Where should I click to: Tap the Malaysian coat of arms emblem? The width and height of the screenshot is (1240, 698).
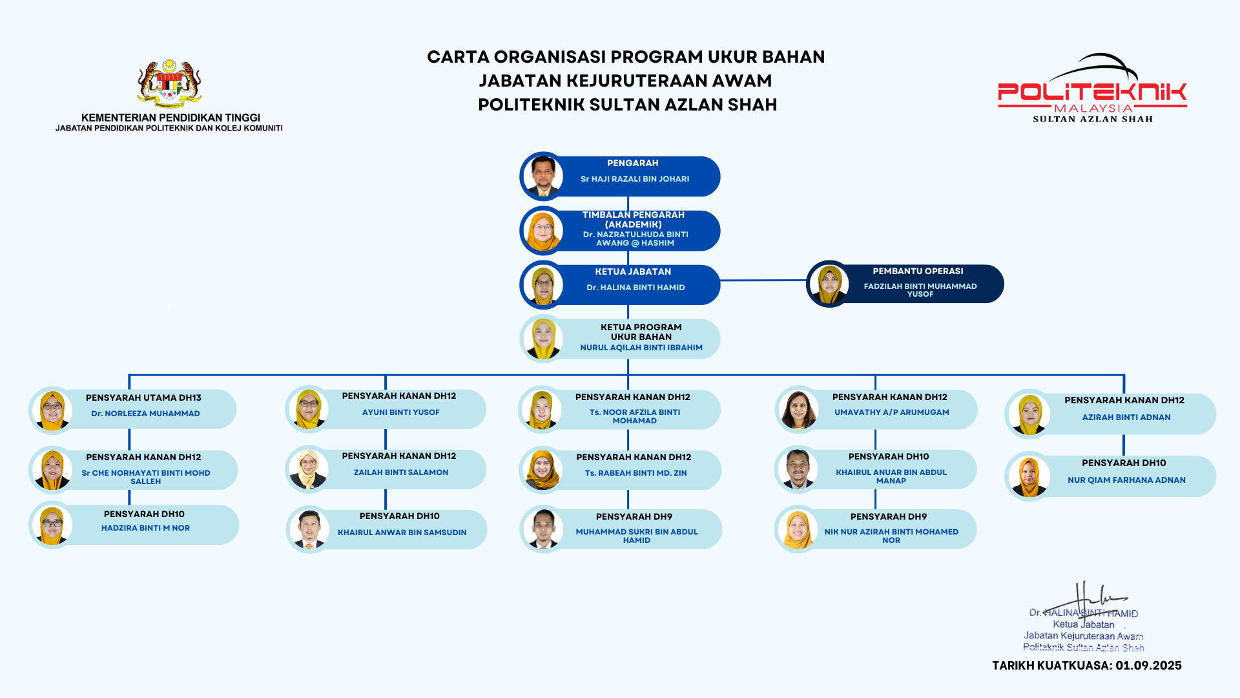coord(169,83)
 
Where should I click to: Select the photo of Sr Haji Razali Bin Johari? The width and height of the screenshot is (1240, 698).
coord(543,176)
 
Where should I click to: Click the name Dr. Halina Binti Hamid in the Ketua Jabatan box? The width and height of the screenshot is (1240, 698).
coord(635,288)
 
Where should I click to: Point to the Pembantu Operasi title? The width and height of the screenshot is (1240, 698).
coord(918,271)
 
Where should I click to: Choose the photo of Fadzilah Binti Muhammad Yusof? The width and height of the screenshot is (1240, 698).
coord(829,284)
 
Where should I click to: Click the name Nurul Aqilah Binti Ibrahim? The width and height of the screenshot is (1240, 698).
coord(641,348)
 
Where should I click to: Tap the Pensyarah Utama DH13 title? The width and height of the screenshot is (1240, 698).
coord(143,397)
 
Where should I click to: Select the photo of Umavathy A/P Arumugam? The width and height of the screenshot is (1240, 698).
coord(798,410)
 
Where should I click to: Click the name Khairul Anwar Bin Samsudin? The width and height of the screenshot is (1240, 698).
coord(402,533)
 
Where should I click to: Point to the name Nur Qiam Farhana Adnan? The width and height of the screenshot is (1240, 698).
coord(1126,480)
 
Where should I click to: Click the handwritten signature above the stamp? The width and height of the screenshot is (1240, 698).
coord(1091,598)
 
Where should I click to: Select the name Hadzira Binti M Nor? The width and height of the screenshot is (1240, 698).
coord(145,528)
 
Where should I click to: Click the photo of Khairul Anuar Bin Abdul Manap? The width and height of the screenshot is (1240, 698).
coord(798,469)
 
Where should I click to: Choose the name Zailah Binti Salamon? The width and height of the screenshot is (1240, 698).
coord(401,472)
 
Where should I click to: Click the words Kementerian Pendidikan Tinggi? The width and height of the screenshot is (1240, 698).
coord(170,118)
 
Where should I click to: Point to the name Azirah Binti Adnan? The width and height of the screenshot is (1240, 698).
coord(1126,418)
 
